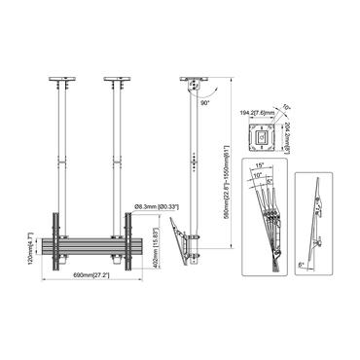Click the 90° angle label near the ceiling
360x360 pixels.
click(x=203, y=99)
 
